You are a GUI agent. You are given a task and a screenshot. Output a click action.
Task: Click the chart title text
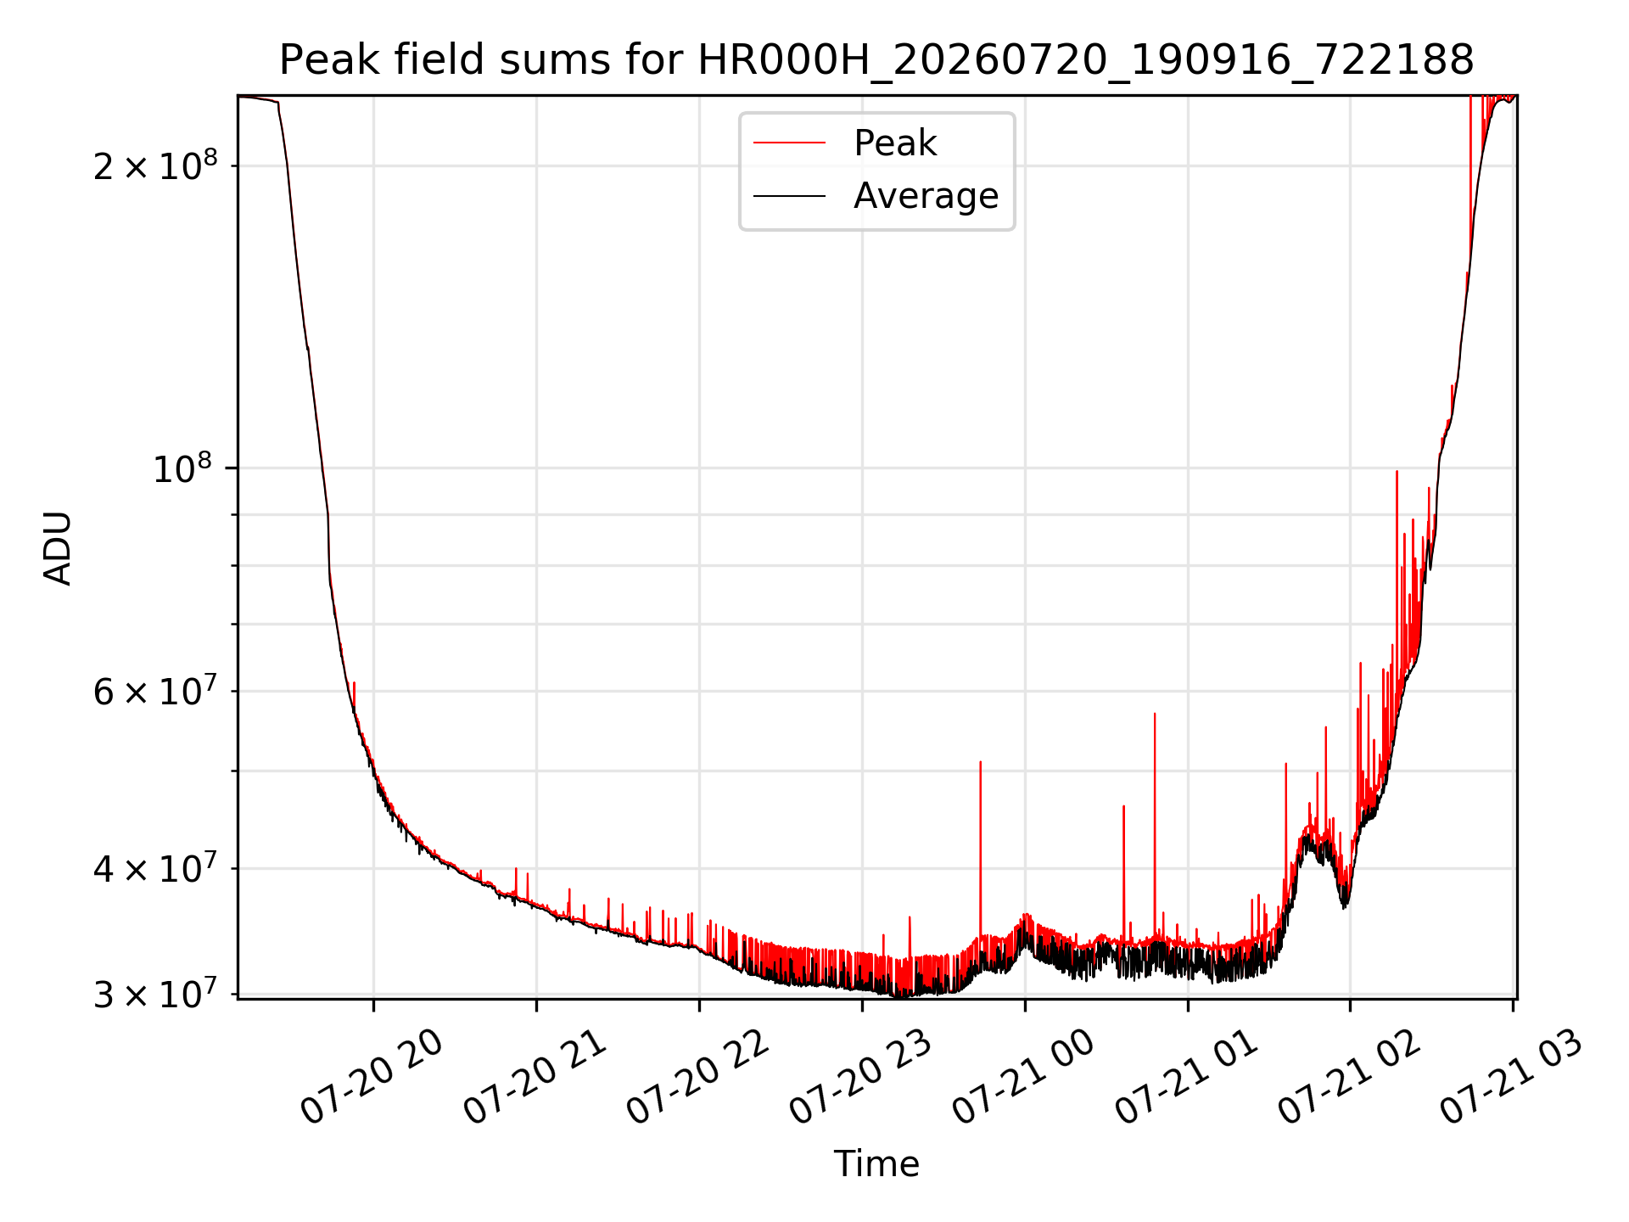[x=876, y=60]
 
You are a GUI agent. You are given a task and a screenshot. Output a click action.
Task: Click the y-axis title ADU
[x=58, y=547]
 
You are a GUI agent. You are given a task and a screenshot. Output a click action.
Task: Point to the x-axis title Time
[x=876, y=1163]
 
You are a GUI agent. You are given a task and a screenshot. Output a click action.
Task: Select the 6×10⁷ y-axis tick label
[x=154, y=690]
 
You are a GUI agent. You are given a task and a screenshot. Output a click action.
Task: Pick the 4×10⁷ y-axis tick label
[x=154, y=867]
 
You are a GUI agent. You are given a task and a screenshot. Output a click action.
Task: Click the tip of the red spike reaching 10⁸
[x=1397, y=471]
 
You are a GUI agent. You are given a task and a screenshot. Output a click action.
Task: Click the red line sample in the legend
[x=789, y=143]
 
